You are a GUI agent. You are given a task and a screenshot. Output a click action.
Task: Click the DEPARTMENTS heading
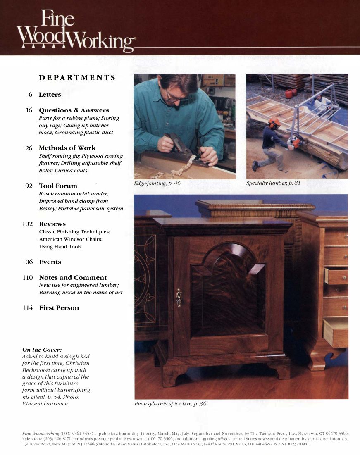coord(77,78)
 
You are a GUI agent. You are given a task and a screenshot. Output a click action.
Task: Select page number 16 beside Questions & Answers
coord(29,110)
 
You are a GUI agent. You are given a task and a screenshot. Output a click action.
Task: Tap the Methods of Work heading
coord(67,148)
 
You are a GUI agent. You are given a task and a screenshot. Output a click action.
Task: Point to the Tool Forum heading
coord(58,186)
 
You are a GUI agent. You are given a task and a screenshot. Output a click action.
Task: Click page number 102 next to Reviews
coord(27,224)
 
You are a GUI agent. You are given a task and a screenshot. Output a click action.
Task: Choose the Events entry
coord(50,262)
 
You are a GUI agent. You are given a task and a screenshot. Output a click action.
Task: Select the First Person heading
coord(59,308)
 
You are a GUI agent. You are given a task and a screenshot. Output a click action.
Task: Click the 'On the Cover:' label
coord(42,350)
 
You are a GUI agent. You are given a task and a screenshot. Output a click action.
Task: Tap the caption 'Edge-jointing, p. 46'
coord(157,183)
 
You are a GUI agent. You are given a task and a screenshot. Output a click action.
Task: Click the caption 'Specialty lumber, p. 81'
coord(273,183)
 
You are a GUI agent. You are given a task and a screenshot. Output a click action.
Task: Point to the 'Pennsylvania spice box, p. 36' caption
coord(170,404)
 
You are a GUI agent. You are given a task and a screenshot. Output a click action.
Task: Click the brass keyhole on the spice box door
coord(179,297)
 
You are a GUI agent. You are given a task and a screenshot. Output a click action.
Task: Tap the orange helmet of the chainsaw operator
coord(274,122)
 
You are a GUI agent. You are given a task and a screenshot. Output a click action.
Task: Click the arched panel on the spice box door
coord(228,289)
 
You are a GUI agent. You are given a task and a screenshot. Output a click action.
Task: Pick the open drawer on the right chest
coord(336,276)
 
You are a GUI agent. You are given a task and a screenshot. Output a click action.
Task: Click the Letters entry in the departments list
coord(50,95)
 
